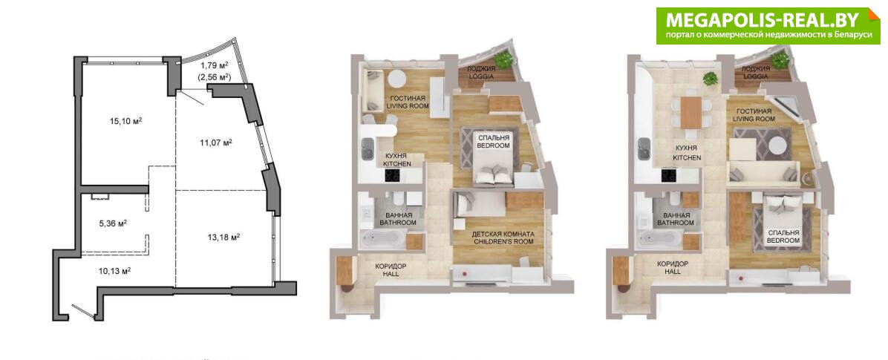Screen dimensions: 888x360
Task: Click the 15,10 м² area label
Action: click(125, 120)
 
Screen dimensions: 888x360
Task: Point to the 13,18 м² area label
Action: click(223, 237)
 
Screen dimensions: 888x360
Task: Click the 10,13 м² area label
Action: click(115, 271)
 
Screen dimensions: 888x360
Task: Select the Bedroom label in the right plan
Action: click(783, 236)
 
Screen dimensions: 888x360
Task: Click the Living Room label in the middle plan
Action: click(406, 102)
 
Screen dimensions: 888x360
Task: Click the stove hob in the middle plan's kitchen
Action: click(393, 176)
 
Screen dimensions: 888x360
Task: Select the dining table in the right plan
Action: click(691, 113)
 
